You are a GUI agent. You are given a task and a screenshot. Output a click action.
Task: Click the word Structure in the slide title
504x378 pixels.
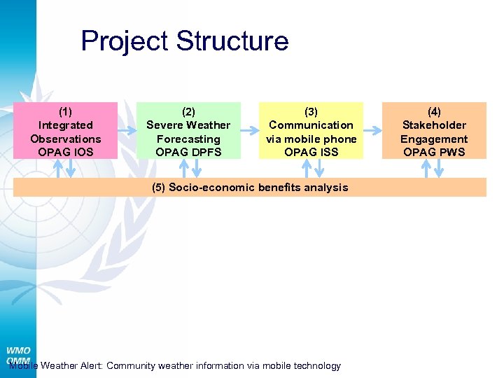(232, 41)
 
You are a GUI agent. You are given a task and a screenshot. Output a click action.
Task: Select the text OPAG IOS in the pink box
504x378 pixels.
(65, 152)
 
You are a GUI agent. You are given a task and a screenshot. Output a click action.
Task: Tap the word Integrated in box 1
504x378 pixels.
(65, 125)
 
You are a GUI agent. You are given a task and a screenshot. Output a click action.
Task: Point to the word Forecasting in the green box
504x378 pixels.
(188, 139)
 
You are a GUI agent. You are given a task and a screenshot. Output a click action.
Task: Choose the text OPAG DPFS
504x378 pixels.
(188, 152)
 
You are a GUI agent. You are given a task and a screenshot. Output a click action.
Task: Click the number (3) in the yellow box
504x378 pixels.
(311, 111)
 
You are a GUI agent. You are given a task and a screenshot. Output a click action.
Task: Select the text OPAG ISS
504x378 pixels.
(311, 152)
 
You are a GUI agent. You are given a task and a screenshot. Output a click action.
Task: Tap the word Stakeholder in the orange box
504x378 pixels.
(434, 125)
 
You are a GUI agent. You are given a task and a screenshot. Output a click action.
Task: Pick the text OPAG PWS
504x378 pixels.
(434, 152)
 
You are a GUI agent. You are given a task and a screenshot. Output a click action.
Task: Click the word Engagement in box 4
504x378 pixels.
(434, 139)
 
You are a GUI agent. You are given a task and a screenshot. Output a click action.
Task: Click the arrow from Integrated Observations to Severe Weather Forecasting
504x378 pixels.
(127, 129)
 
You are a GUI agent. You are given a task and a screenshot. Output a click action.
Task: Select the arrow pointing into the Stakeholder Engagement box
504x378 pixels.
(372, 129)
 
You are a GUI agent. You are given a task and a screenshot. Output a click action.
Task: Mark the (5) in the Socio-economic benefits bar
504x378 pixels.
(159, 188)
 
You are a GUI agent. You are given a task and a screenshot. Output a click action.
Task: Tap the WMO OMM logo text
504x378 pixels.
(18, 355)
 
